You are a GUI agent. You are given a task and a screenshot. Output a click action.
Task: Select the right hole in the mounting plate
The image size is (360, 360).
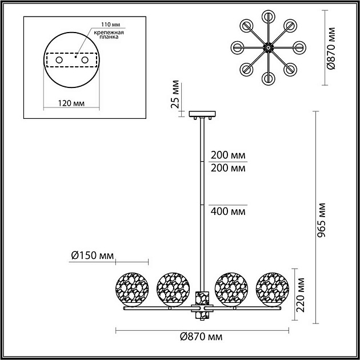click(85, 59)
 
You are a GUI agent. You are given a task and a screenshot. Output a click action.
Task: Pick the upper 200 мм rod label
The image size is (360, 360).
click(228, 155)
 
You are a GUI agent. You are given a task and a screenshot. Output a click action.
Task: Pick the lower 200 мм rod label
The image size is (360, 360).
click(228, 168)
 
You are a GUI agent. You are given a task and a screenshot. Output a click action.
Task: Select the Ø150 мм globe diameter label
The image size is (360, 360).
click(91, 255)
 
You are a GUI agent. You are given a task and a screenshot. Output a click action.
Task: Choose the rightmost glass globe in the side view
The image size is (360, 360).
click(273, 287)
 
